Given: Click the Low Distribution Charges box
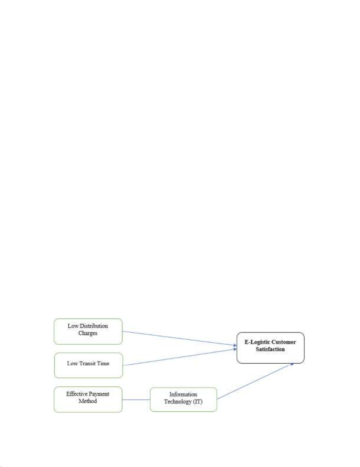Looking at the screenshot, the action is pyautogui.click(x=88, y=332).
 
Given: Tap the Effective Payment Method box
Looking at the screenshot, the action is pyautogui.click(x=88, y=399).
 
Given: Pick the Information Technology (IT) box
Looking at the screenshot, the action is pyautogui.click(x=183, y=399).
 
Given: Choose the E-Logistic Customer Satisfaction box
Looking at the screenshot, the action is pyautogui.click(x=270, y=348).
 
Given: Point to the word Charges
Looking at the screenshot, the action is pyautogui.click(x=88, y=333).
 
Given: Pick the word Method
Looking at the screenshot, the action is pyautogui.click(x=88, y=401).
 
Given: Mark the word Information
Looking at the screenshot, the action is pyautogui.click(x=183, y=394).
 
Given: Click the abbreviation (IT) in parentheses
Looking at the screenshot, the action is pyautogui.click(x=198, y=401).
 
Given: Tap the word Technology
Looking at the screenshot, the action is pyautogui.click(x=178, y=402).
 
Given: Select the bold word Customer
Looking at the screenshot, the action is pyautogui.click(x=284, y=342).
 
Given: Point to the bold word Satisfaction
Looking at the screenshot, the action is pyautogui.click(x=270, y=349).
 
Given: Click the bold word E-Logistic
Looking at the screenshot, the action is pyautogui.click(x=257, y=342).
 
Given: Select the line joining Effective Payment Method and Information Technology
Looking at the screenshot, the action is pyautogui.click(x=136, y=400).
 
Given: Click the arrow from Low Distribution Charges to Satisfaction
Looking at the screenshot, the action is pyautogui.click(x=180, y=339).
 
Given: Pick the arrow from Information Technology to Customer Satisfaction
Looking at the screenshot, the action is pyautogui.click(x=255, y=381).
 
